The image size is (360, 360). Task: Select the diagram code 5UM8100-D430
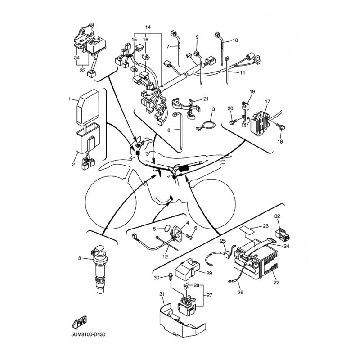[x=88, y=334]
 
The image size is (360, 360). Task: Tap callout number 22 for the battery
[x=276, y=282]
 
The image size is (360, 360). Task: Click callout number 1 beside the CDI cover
[x=70, y=99]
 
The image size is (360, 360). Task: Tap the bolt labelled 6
[x=189, y=237]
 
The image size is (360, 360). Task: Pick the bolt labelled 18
[x=281, y=126]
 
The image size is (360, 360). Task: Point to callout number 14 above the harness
[x=148, y=27]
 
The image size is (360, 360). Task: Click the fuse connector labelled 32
[x=282, y=234]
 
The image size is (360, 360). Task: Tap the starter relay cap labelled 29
[x=188, y=270]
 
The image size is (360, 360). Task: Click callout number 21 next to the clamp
[x=206, y=99]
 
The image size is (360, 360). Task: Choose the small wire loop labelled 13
[x=206, y=126]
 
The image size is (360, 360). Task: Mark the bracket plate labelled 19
[x=245, y=115]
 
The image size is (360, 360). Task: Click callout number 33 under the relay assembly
[x=82, y=70]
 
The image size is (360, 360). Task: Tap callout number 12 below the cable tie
[x=165, y=256]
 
